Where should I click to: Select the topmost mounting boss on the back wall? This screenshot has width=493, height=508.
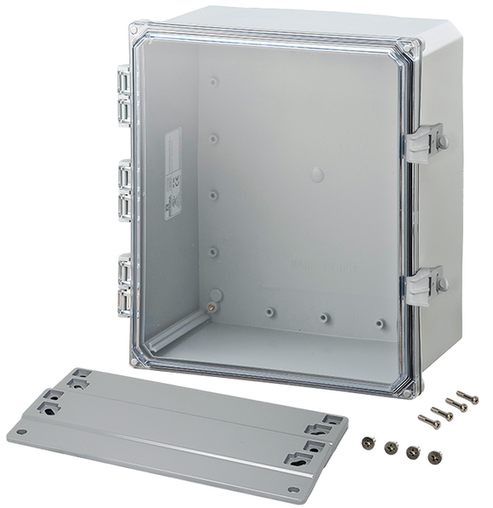point(211,83)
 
